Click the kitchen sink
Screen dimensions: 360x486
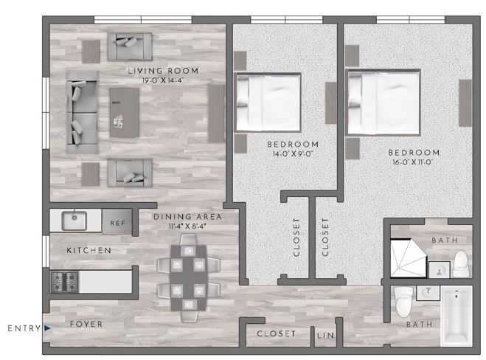[74, 220]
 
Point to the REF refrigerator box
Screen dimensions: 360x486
[117, 222]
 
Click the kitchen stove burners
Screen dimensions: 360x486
[64, 280]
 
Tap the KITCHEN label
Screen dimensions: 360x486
[88, 251]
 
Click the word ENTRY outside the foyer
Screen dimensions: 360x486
[22, 328]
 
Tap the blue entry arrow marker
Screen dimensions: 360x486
[46, 328]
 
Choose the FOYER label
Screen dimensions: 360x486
[86, 325]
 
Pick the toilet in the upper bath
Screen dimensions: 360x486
[461, 262]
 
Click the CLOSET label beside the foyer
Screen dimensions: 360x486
[276, 334]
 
